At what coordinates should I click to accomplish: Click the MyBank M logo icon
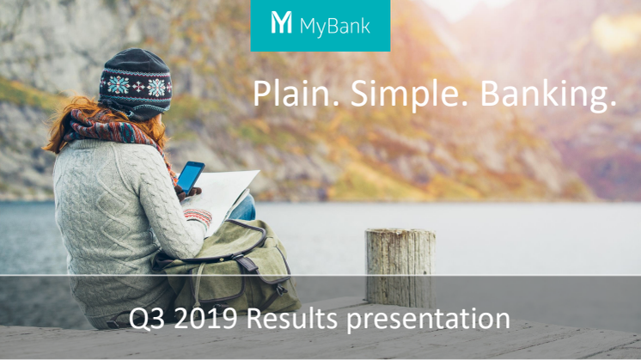pyautogui.click(x=281, y=22)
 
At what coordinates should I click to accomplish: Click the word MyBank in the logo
pyautogui.click(x=335, y=26)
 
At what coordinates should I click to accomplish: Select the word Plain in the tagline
pyautogui.click(x=296, y=93)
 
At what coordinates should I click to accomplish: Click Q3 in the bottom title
pyautogui.click(x=147, y=319)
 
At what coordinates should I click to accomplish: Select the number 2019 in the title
pyautogui.click(x=205, y=319)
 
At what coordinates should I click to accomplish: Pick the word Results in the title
pyautogui.click(x=291, y=318)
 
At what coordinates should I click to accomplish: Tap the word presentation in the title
pyautogui.click(x=428, y=320)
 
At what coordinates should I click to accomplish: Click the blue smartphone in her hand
pyautogui.click(x=190, y=177)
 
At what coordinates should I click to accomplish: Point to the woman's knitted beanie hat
pyautogui.click(x=135, y=83)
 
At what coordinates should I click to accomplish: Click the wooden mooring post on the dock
pyautogui.click(x=400, y=268)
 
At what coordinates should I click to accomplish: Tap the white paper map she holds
pyautogui.click(x=223, y=196)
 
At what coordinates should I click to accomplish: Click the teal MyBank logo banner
pyautogui.click(x=320, y=25)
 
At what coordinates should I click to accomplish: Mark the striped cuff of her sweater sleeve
pyautogui.click(x=198, y=217)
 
